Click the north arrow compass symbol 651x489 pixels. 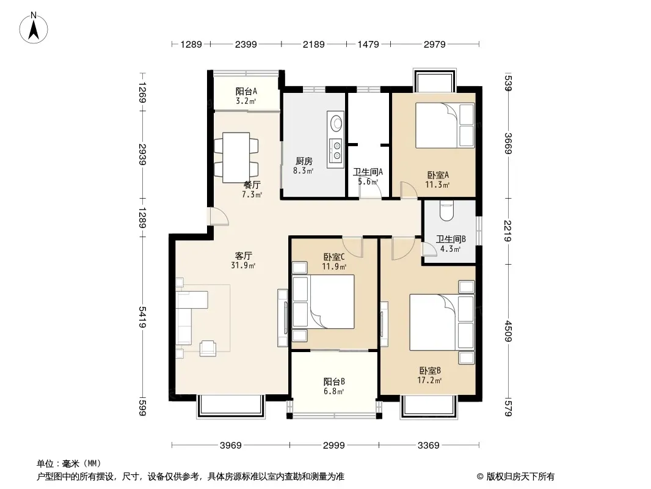tap(34, 28)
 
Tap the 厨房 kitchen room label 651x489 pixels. tap(304, 161)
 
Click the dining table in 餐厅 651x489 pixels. tap(236, 158)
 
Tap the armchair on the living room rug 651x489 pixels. tap(208, 348)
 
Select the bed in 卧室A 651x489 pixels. tap(445, 125)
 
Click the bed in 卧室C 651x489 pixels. tap(324, 301)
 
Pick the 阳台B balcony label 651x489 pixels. tap(334, 381)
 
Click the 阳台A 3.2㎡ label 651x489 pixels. tap(246, 96)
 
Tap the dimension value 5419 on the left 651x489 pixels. tap(143, 317)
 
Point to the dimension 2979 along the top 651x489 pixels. tap(435, 44)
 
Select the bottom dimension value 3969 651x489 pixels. tap(230, 446)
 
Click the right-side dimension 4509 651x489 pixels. tap(508, 331)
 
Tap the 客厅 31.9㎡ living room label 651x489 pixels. tap(243, 260)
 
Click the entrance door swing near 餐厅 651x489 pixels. tap(219, 216)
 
